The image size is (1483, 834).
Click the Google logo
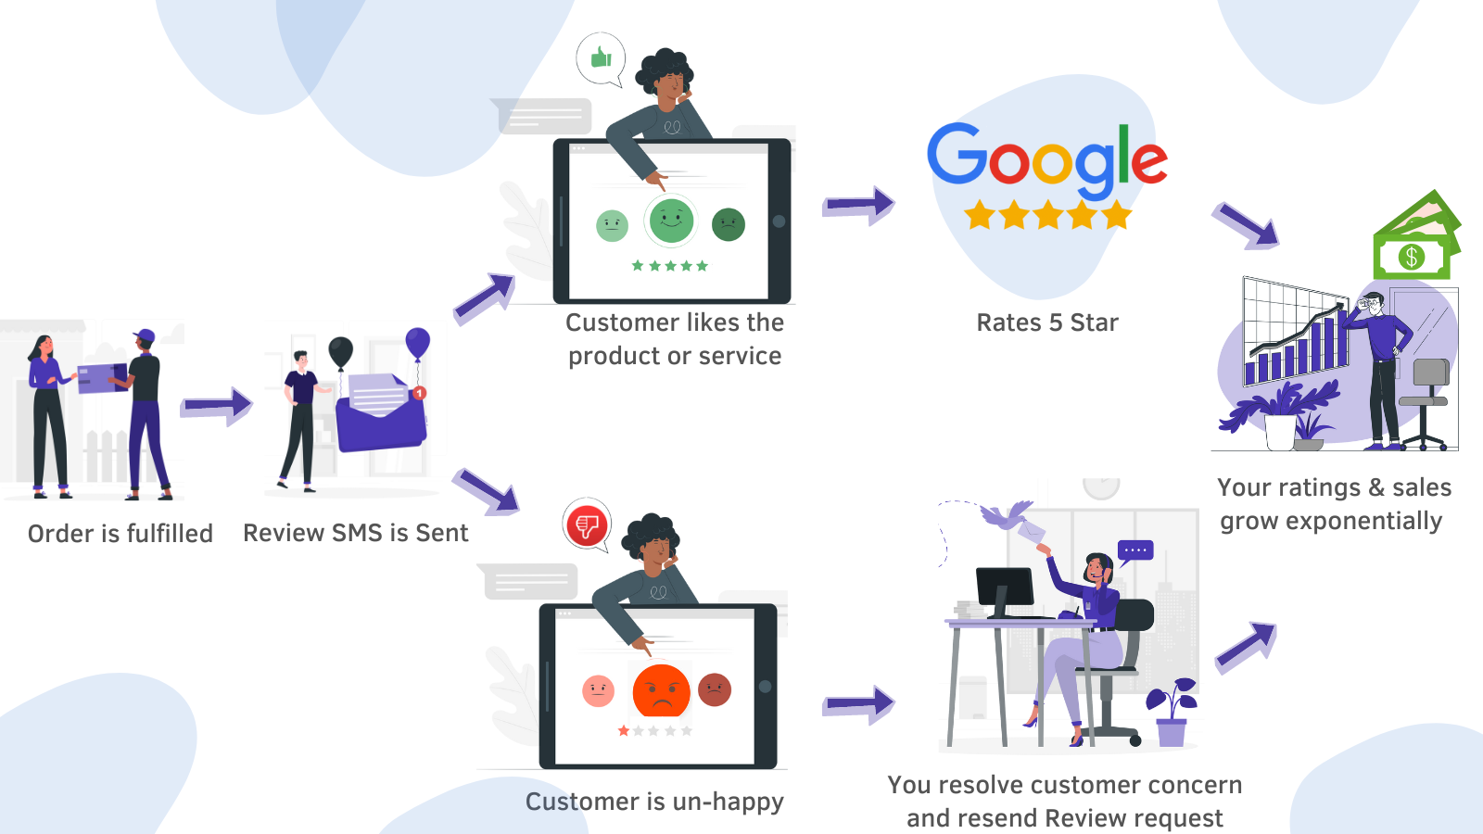click(x=1047, y=158)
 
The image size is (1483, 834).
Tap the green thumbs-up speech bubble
click(x=601, y=58)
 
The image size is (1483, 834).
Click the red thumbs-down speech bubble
click(x=587, y=525)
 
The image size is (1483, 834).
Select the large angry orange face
click(x=661, y=691)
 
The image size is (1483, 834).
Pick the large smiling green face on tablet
click(x=672, y=221)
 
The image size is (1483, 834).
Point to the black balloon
click(x=340, y=351)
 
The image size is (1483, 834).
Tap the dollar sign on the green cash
click(x=1411, y=257)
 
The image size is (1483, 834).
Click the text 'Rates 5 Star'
click(x=1047, y=322)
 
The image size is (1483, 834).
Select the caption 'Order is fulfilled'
click(x=120, y=534)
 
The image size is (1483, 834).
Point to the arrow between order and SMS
click(x=217, y=405)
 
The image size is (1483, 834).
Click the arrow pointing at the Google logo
click(x=858, y=205)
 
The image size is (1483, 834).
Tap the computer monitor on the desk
click(x=1005, y=588)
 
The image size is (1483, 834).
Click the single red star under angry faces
click(x=624, y=731)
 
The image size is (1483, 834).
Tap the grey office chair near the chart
click(x=1428, y=398)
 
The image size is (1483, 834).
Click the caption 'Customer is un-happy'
click(x=654, y=802)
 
